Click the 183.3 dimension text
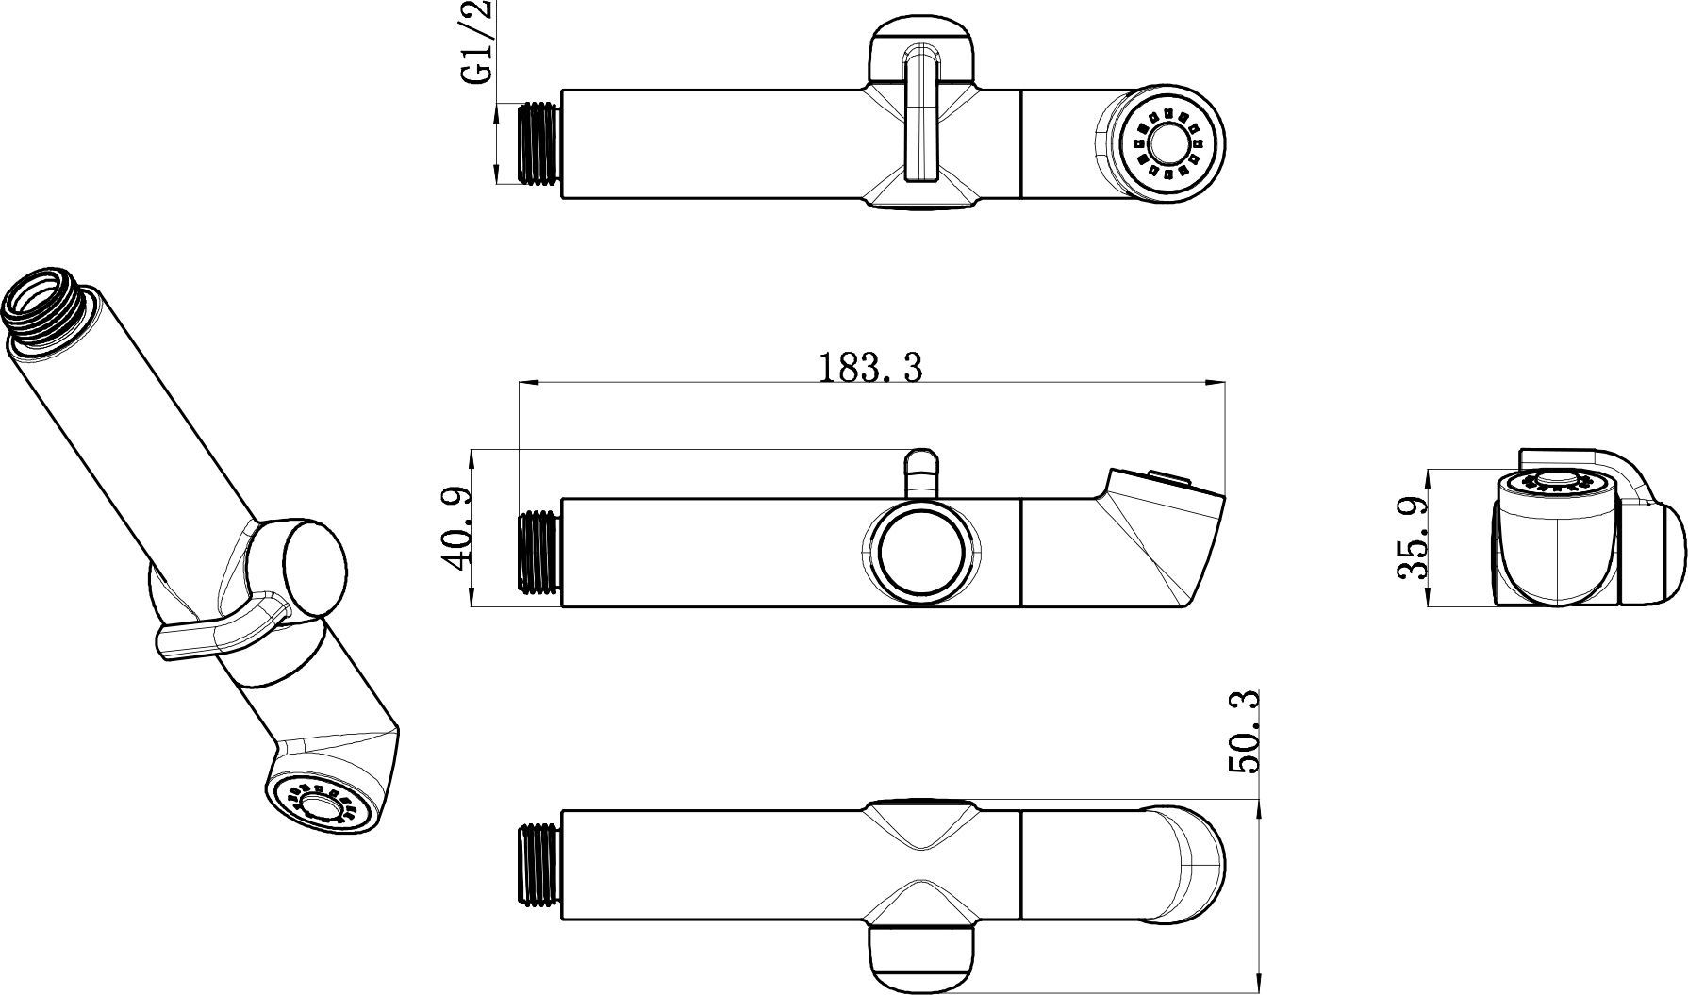click(869, 368)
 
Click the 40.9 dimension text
click(455, 529)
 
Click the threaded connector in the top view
click(540, 143)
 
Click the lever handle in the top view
click(920, 118)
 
